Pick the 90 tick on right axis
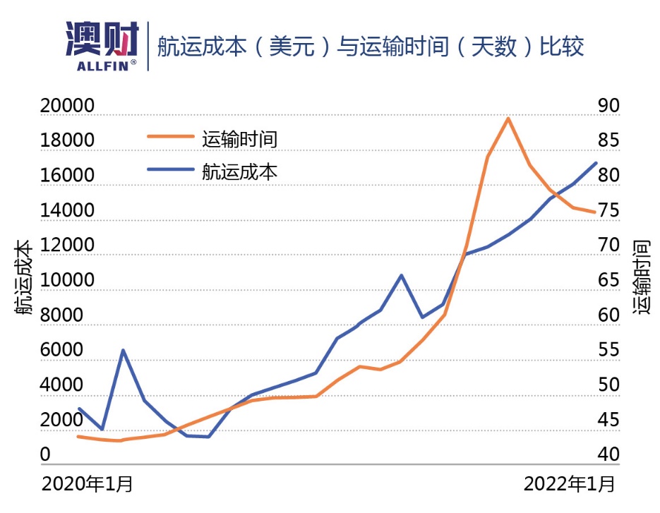(607, 106)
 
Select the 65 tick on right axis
(607, 281)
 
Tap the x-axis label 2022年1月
(570, 485)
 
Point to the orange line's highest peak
(508, 119)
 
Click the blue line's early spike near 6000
(123, 350)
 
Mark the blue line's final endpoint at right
(596, 163)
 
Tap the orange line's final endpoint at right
(596, 212)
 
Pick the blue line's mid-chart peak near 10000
(402, 275)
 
